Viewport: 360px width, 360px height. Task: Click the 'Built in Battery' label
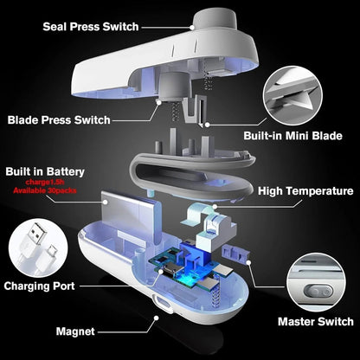(49, 172)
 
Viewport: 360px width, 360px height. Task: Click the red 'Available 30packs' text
(49, 191)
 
